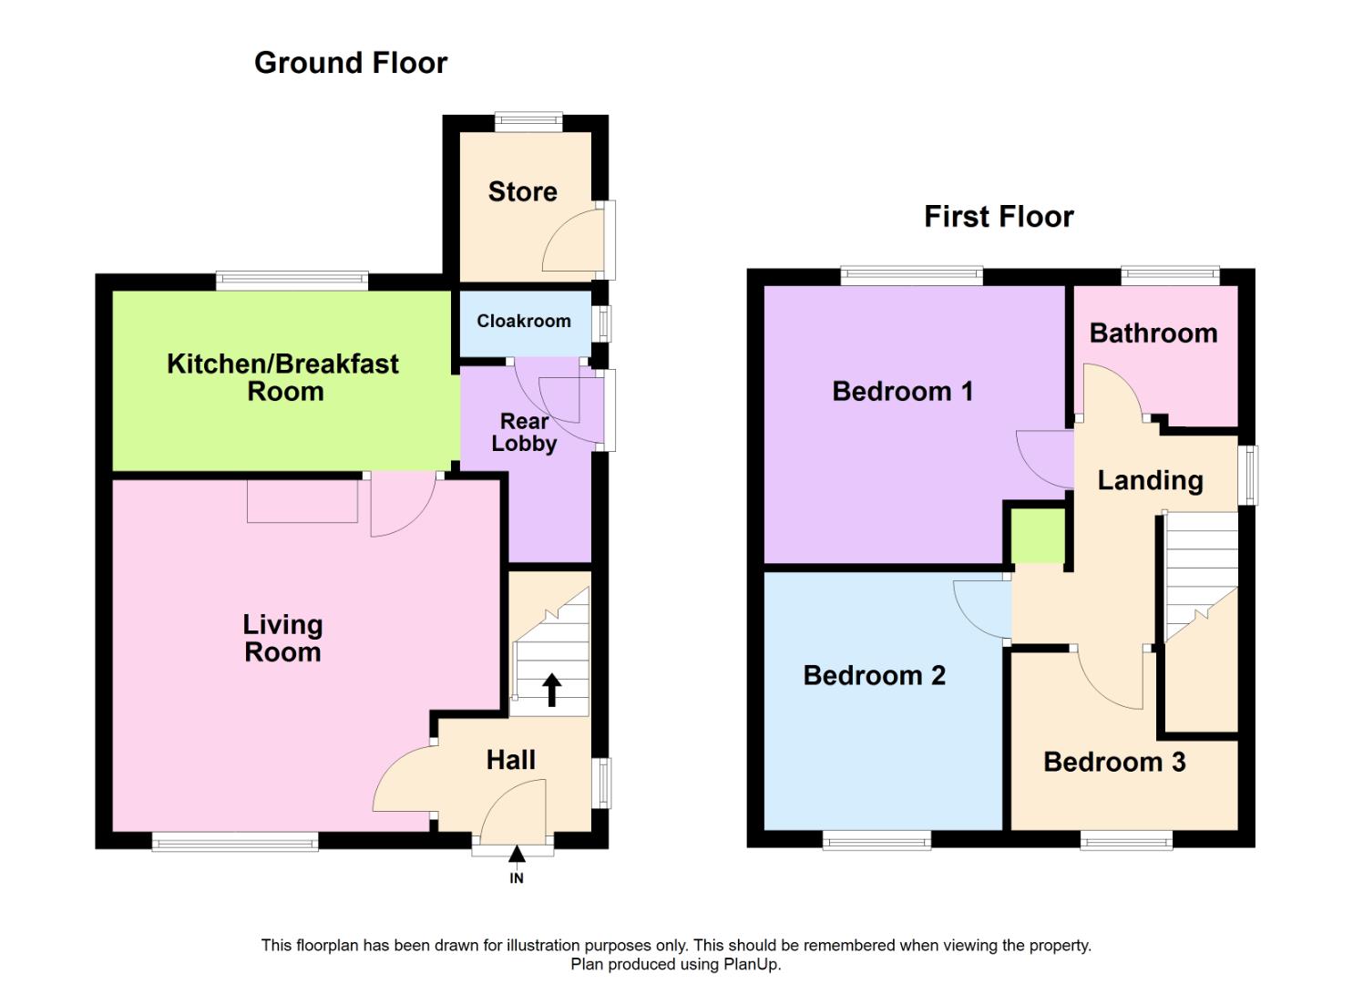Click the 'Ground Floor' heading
click(x=351, y=63)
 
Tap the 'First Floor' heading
click(x=999, y=217)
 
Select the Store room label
click(x=522, y=191)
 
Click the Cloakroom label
click(x=524, y=321)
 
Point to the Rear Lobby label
click(x=524, y=433)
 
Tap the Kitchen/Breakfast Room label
click(x=283, y=377)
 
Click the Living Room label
click(x=282, y=638)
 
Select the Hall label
click(x=510, y=760)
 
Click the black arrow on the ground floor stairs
click(x=552, y=690)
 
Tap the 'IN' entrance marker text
click(x=517, y=878)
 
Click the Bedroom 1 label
click(x=902, y=392)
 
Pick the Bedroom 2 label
click(x=874, y=675)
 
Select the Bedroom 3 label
click(x=1113, y=762)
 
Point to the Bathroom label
click(x=1153, y=333)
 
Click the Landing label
click(x=1150, y=480)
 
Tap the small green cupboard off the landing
click(x=1038, y=536)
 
